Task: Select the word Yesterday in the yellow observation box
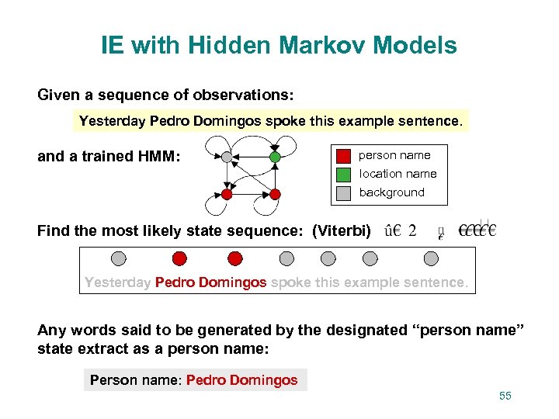tap(113, 121)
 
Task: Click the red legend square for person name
tap(343, 155)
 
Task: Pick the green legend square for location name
tap(343, 174)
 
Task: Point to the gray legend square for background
tap(343, 192)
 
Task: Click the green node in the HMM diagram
tap(274, 157)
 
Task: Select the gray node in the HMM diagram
tap(226, 157)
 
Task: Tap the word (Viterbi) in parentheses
tap(342, 230)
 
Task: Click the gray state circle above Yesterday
tap(118, 258)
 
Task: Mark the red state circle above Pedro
tap(179, 258)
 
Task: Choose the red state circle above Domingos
tap(234, 258)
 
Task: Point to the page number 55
tap(505, 396)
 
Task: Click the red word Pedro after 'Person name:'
tap(206, 380)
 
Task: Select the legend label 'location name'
tap(398, 174)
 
